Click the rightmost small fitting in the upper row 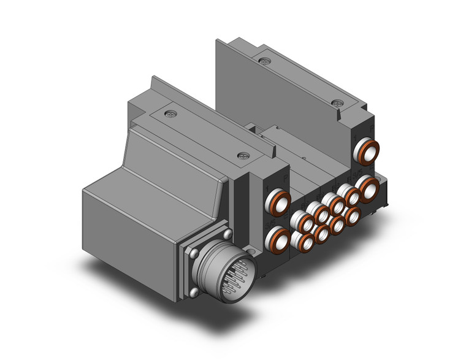(352, 196)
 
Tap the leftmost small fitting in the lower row (305, 242)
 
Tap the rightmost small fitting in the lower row (352, 216)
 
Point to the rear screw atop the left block (170, 113)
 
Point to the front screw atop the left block (243, 156)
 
